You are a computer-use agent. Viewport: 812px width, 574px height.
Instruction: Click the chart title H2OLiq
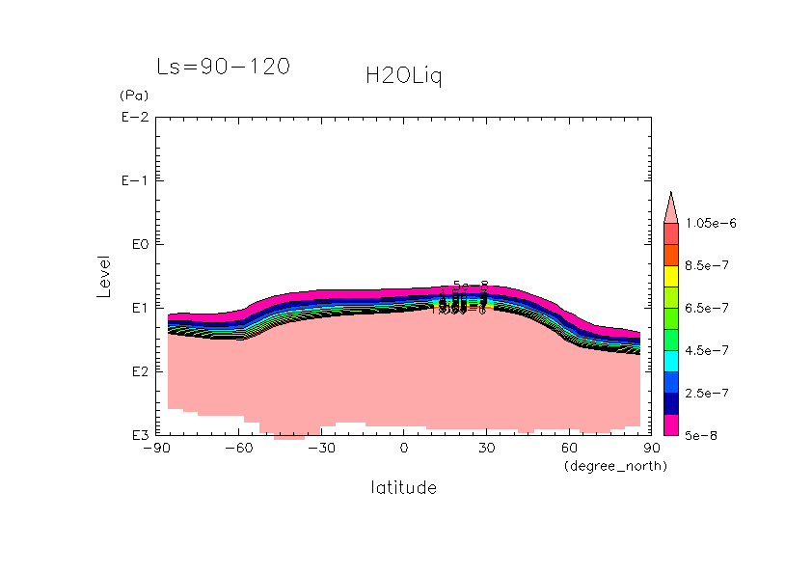[403, 76]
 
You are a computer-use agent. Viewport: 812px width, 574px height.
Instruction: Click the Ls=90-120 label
[223, 68]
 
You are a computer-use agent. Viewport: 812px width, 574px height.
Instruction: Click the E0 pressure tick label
[137, 245]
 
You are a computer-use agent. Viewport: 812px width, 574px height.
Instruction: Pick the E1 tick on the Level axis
[137, 309]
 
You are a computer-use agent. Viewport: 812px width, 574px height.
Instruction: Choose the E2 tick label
[137, 372]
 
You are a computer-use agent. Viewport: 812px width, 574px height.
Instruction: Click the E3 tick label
[137, 435]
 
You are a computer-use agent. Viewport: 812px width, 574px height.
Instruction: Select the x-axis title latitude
[403, 488]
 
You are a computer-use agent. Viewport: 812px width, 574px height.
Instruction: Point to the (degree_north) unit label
[615, 466]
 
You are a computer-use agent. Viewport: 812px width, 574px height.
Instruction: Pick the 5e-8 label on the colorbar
[702, 436]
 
